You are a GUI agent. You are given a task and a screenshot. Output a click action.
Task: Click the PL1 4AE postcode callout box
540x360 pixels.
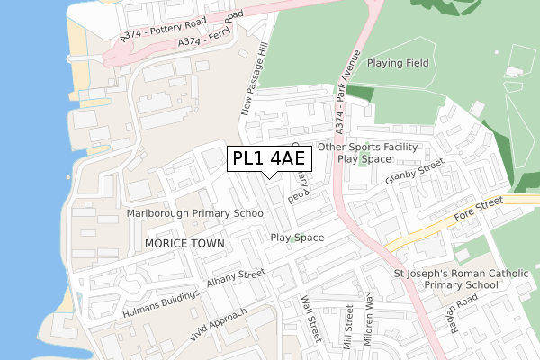269,159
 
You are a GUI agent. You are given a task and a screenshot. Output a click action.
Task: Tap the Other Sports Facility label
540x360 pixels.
367,147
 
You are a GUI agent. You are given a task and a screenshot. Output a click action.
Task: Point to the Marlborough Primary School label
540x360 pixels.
196,213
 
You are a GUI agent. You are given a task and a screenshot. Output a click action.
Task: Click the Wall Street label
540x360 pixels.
311,319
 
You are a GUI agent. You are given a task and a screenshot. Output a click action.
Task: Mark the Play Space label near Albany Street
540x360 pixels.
297,238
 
